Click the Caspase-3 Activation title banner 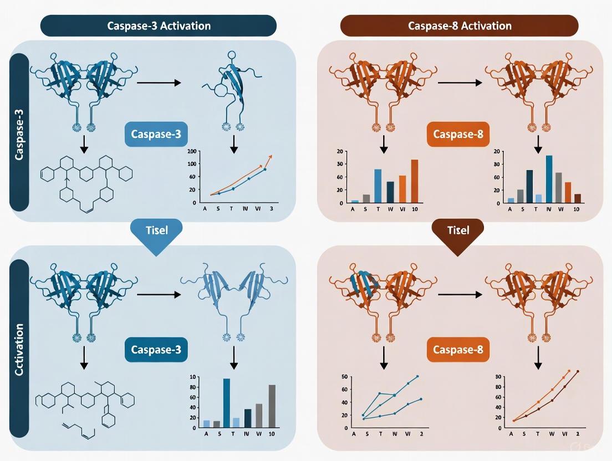point(159,26)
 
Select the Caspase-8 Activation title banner point(460,26)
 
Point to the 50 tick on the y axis point(344,377)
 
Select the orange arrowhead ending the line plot point(271,157)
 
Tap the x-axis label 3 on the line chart point(271,209)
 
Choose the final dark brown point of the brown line point(578,371)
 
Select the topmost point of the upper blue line point(417,376)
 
